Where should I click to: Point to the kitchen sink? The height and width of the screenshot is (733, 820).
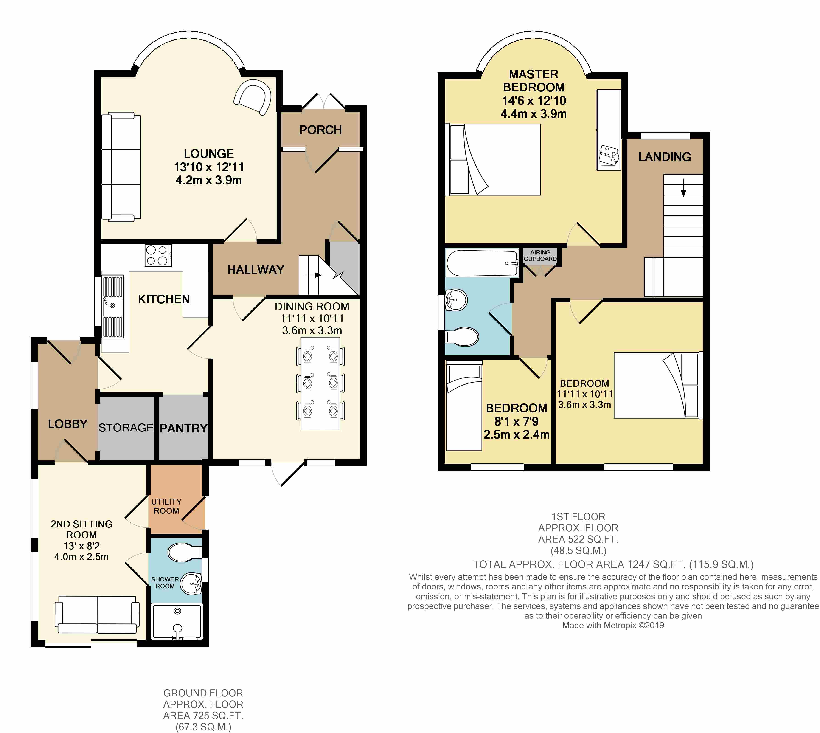point(113,306)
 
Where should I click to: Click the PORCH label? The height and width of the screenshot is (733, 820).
point(320,130)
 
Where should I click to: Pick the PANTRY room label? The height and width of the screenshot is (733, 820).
point(184,428)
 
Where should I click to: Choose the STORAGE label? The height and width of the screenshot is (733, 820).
point(126,428)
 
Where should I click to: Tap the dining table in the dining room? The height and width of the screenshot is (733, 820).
point(320,383)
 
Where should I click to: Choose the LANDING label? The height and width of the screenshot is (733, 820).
point(665,157)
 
